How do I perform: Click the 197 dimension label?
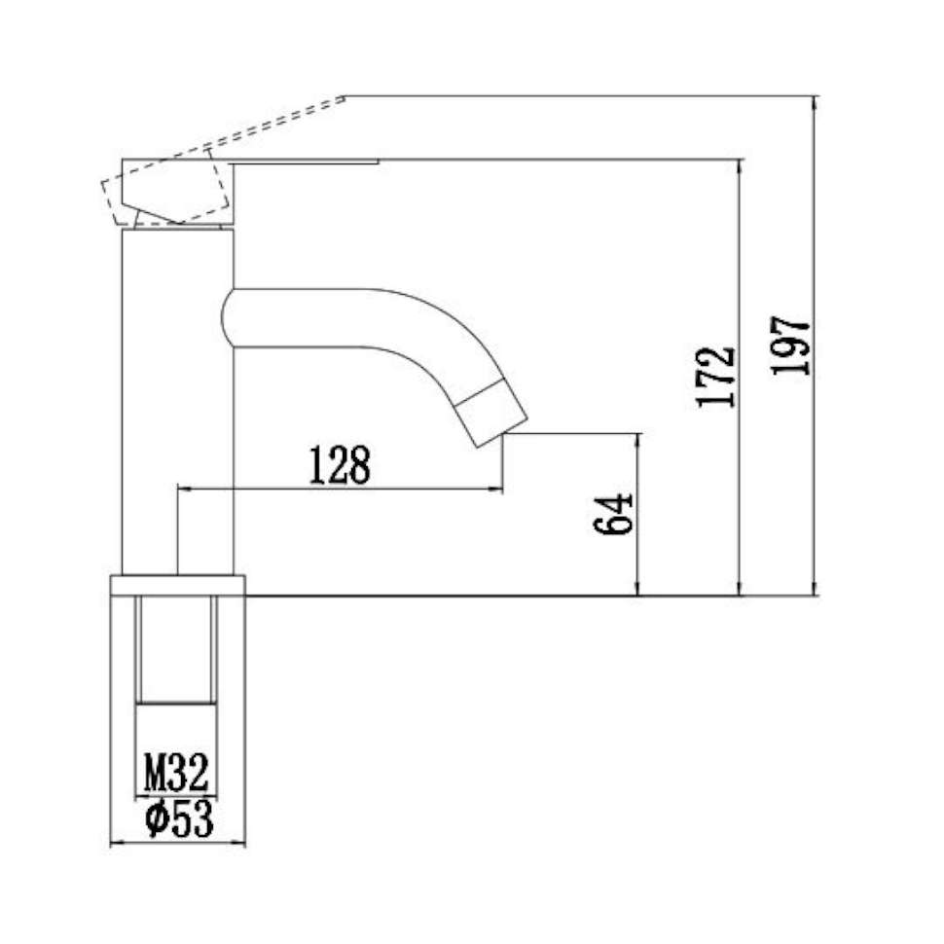coord(790,345)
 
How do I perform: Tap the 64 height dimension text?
coord(613,514)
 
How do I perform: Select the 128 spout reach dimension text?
coord(340,466)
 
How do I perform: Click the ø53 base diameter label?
coord(178,819)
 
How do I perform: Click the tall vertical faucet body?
coord(177,389)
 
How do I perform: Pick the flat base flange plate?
coord(177,585)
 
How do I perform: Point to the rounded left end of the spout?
coord(227,317)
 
